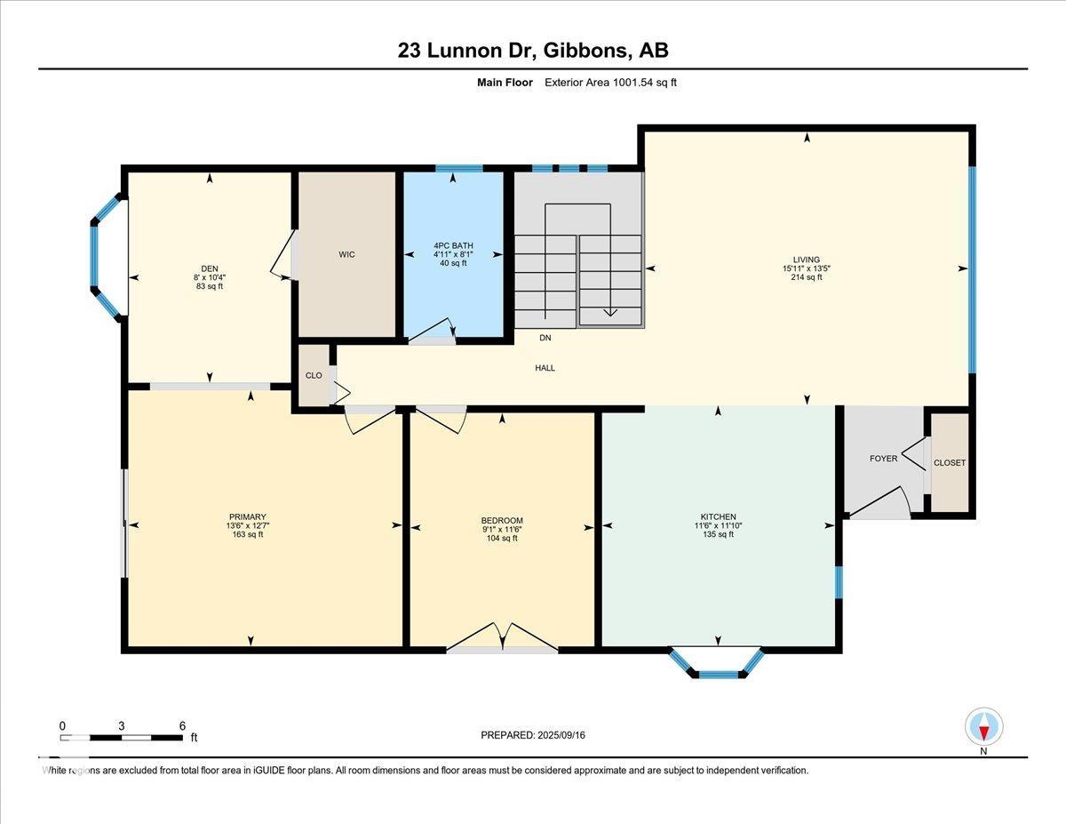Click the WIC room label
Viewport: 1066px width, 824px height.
coord(346,254)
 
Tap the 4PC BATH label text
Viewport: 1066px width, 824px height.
coord(453,245)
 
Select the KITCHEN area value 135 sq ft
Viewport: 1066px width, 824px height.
coord(718,534)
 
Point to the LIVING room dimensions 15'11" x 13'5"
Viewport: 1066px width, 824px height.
coord(807,268)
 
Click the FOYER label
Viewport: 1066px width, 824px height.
coord(884,459)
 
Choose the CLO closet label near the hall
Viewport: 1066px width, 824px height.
coord(314,375)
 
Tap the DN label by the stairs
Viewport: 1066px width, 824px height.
coord(545,338)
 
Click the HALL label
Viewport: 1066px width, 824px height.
coord(545,368)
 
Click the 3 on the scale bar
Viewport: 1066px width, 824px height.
coord(121,726)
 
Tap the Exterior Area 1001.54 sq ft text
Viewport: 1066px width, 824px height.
coord(611,83)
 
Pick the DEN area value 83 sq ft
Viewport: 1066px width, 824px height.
coord(210,286)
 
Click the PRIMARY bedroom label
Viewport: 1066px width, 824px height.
coord(248,516)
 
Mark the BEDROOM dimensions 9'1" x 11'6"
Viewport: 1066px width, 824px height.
coord(502,530)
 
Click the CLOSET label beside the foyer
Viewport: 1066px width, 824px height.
coord(950,463)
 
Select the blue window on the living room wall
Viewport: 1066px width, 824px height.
coord(973,269)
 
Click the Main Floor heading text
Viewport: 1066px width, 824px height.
coord(505,83)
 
